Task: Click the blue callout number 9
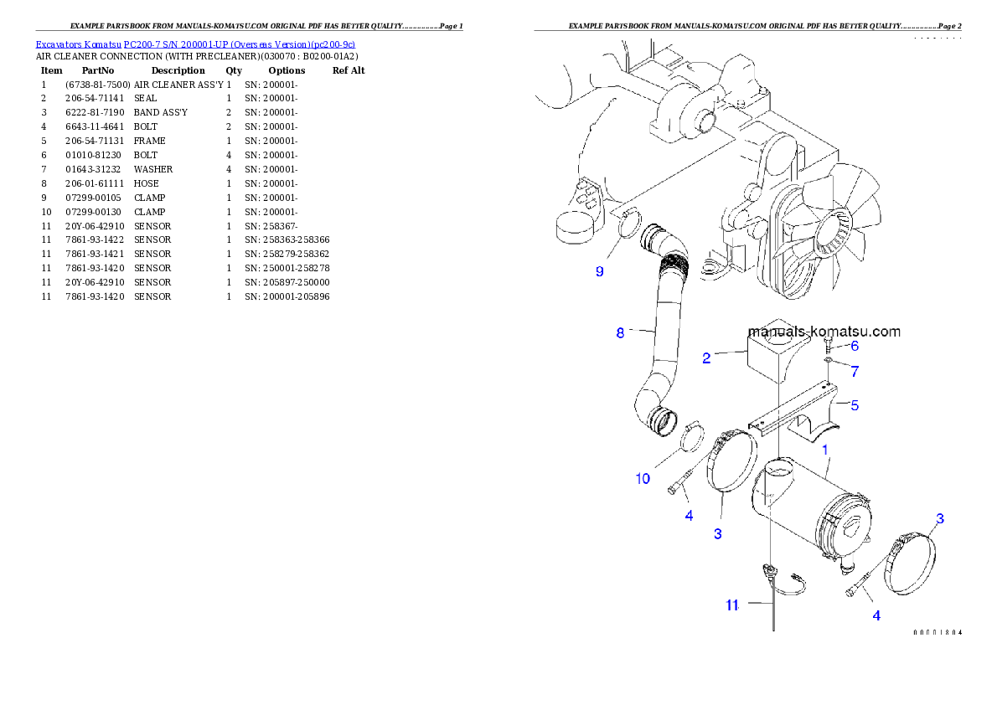599,271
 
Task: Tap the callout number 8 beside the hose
620,332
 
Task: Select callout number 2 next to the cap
706,358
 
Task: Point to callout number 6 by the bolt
854,345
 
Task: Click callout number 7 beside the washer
854,370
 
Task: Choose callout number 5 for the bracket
854,405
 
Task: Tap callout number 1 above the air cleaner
825,450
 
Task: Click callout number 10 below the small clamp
642,479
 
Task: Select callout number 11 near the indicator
732,605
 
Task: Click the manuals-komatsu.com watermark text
824,332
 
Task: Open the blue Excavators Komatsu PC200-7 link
195,44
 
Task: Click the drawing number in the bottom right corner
937,632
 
